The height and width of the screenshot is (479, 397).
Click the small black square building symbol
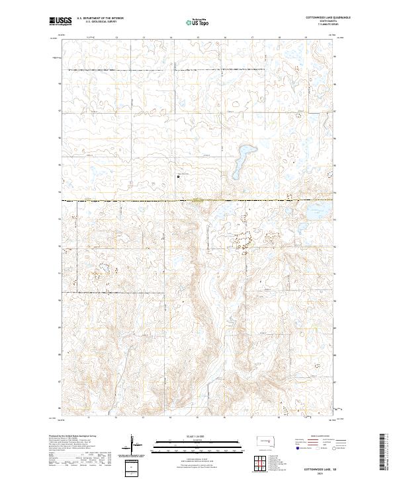pos(178,176)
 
